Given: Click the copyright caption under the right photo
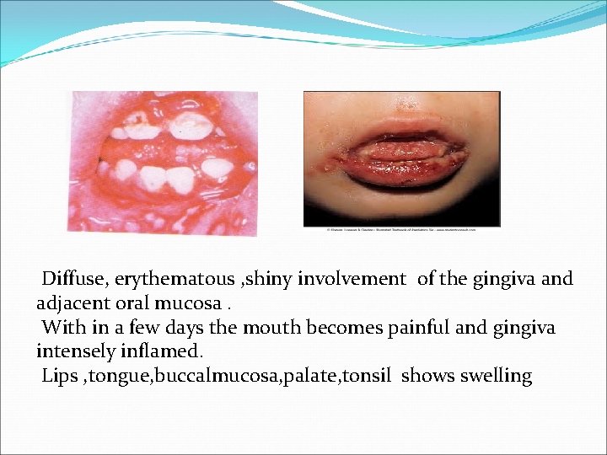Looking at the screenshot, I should (x=400, y=229).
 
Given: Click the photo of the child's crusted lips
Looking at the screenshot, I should (x=400, y=158).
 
